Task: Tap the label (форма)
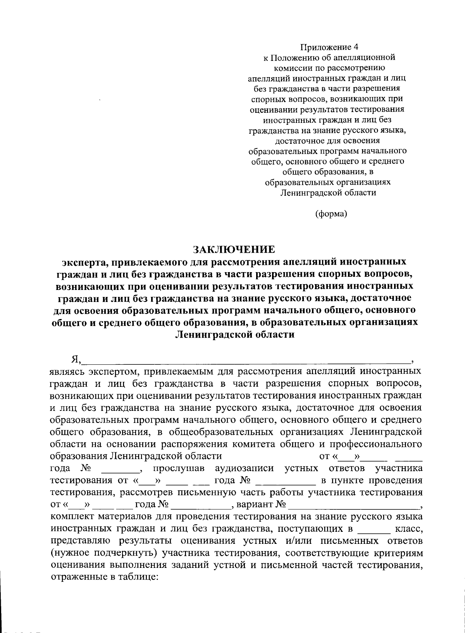[x=331, y=213]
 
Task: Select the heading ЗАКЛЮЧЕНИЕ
[x=234, y=249]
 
